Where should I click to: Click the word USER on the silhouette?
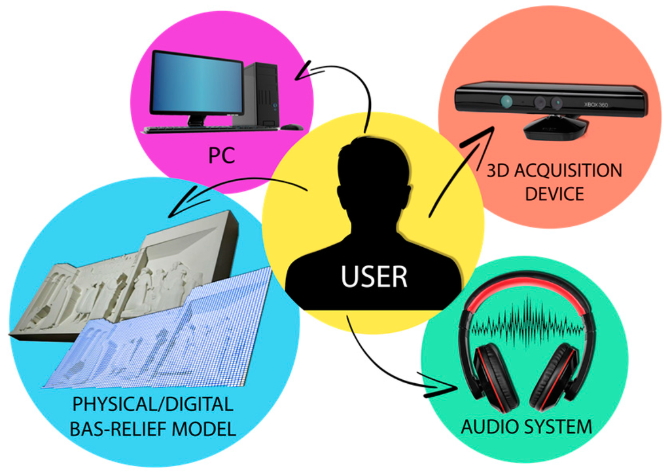374,276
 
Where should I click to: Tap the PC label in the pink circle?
221,156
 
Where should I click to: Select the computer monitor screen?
197,84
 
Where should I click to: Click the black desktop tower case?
262,93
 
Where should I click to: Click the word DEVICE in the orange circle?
554,194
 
